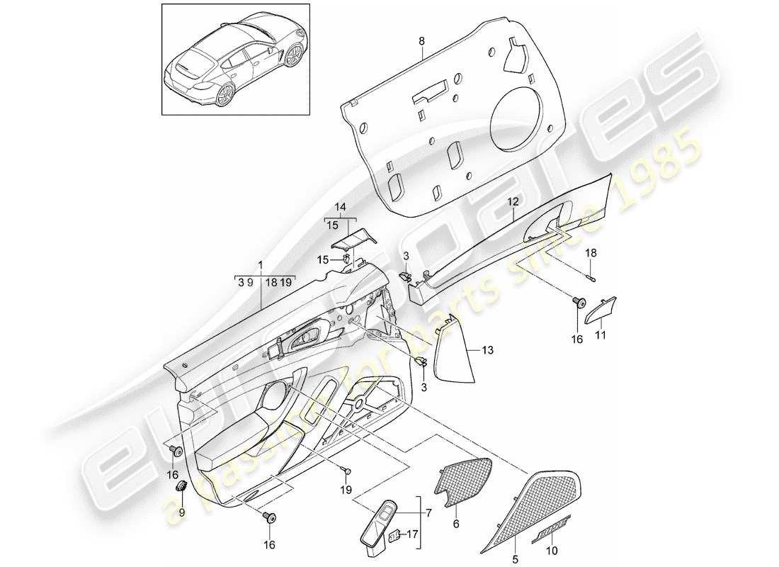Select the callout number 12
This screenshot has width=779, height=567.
point(511,202)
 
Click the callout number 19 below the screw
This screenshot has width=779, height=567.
point(346,489)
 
